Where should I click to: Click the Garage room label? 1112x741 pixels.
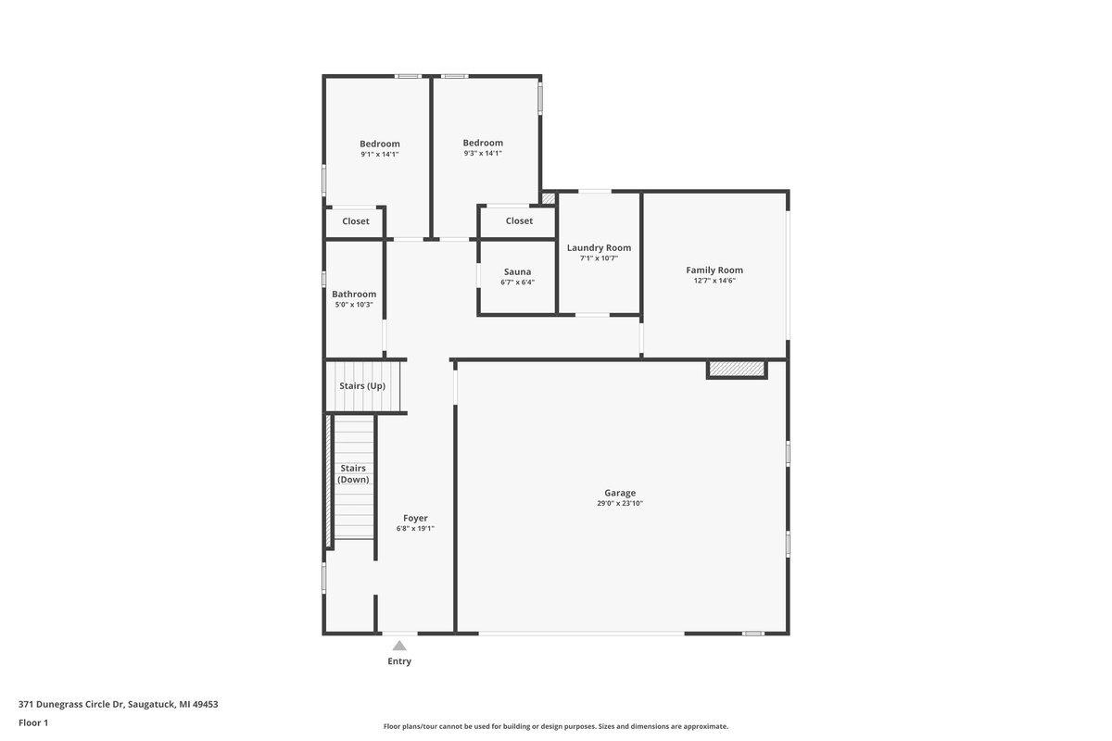point(620,493)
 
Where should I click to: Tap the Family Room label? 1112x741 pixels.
point(714,270)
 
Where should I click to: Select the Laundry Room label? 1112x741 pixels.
point(599,247)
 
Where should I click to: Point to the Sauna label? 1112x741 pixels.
point(517,272)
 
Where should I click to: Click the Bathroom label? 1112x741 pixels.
point(354,295)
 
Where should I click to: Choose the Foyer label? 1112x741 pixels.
point(415,518)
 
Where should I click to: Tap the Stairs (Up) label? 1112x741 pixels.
point(362,385)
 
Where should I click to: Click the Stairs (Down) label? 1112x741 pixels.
point(353,474)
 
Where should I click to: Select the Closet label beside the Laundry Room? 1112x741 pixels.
point(519,220)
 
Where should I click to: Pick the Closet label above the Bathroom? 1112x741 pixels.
point(356,221)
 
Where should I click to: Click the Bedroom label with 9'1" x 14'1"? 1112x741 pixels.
point(380,144)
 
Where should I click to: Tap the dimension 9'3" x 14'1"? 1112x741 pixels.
point(483,154)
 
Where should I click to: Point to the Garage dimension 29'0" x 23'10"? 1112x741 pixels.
point(620,503)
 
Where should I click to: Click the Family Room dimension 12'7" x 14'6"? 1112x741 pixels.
point(714,281)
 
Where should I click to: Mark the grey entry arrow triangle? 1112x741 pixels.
point(399,646)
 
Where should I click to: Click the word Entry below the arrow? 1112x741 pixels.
point(399,661)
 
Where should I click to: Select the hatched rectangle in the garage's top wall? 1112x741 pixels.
point(737,369)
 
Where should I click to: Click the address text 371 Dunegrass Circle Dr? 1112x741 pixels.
point(71,704)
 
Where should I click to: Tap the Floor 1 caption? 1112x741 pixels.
point(33,722)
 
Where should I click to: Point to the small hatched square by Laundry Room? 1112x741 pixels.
point(548,198)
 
